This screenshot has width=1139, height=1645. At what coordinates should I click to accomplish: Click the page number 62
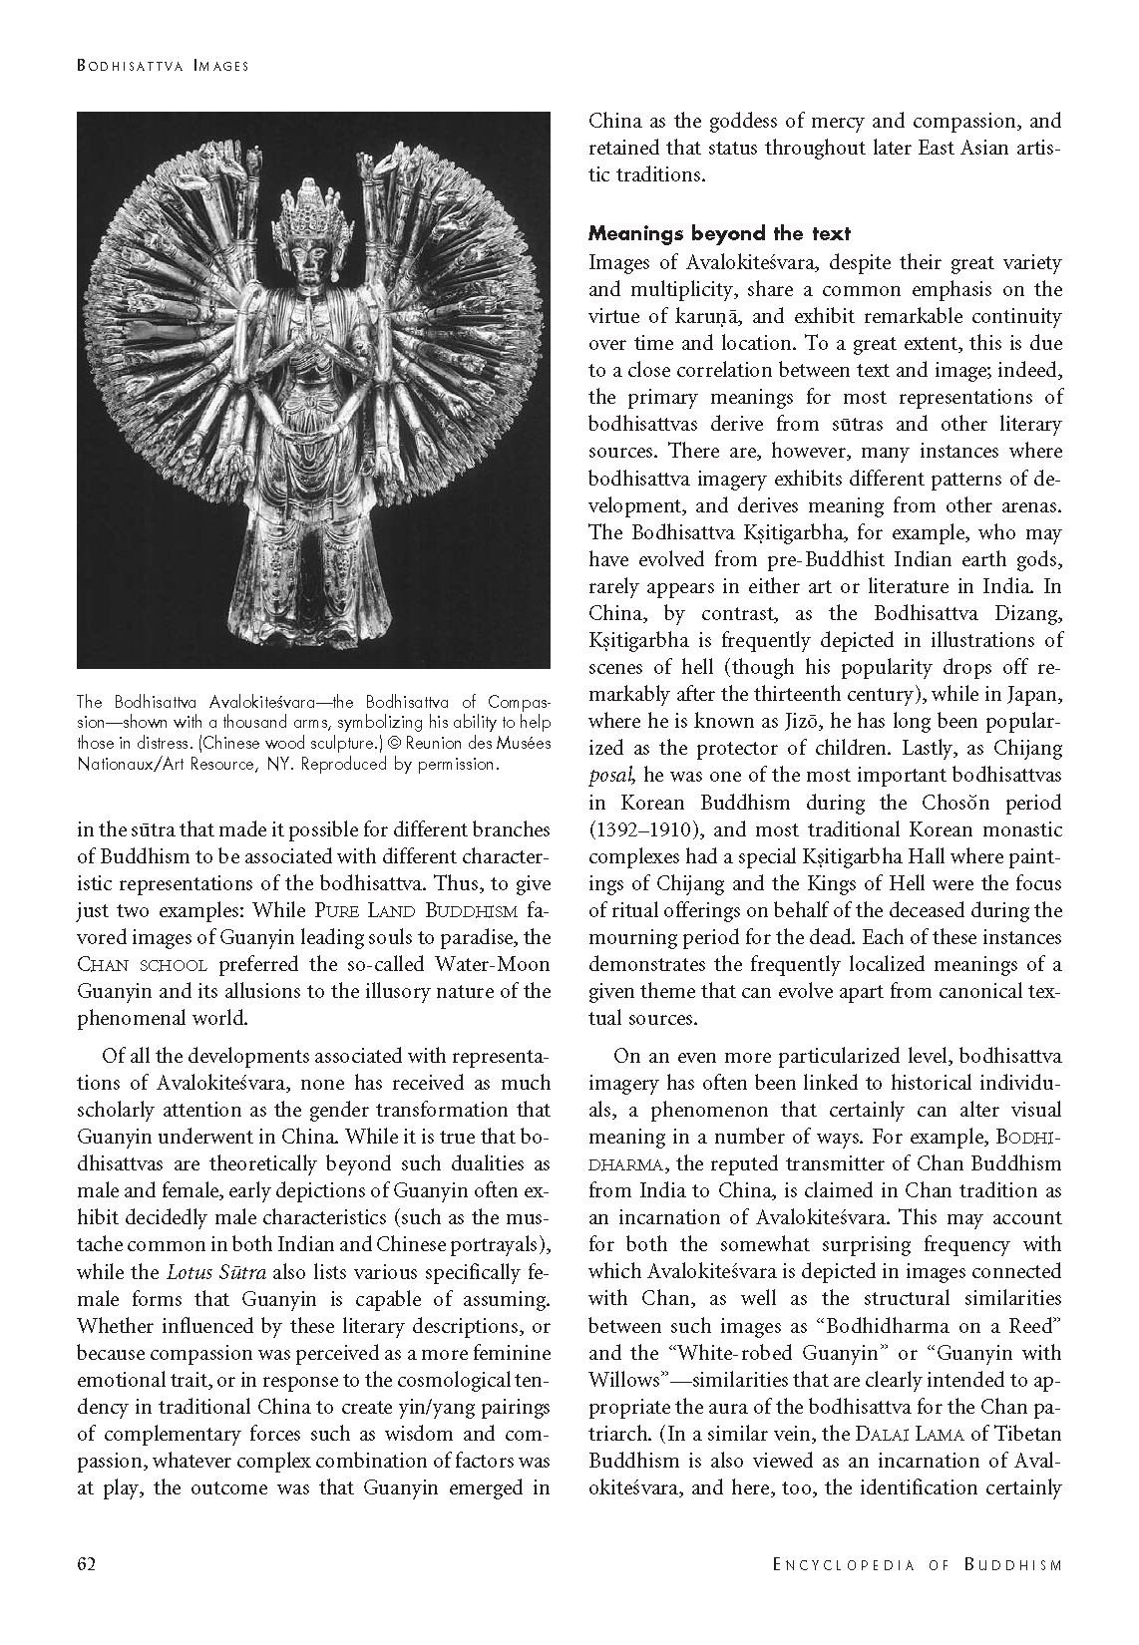86,1563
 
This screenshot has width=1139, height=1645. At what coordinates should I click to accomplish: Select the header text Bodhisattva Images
163,66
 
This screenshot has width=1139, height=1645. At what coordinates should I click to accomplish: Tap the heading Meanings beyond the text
719,234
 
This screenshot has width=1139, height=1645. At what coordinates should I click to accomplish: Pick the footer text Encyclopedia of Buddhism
918,1564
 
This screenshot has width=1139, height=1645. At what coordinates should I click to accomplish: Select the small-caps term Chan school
143,965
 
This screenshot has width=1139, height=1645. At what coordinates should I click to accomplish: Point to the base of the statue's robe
312,638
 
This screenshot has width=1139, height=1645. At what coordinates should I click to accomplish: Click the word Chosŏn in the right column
960,803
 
